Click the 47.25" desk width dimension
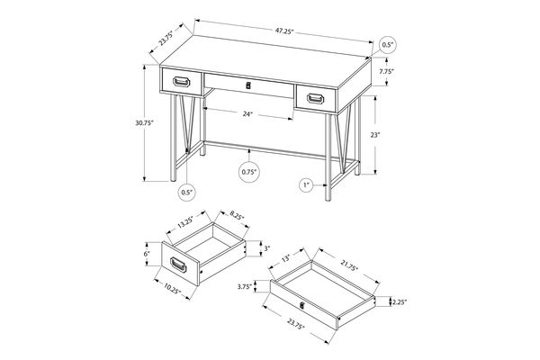click(285, 31)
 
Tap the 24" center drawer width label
click(247, 114)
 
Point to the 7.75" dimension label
click(387, 71)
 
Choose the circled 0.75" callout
click(249, 171)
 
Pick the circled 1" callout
click(306, 185)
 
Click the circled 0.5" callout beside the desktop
click(388, 44)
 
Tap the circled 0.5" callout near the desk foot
click(187, 191)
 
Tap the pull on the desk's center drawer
click(248, 86)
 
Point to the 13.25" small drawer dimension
click(185, 219)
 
